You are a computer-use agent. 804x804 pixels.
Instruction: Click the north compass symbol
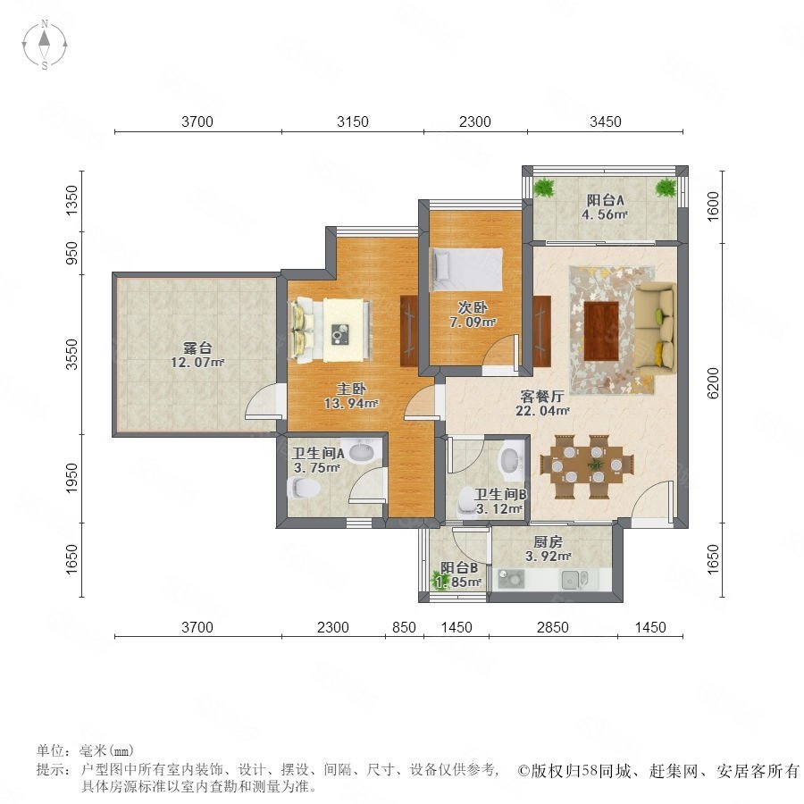[45, 45]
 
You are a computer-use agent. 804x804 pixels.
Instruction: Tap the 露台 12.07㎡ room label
[197, 356]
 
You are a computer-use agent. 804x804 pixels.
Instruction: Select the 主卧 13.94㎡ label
[351, 397]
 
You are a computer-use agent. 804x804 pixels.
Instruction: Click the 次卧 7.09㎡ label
[473, 314]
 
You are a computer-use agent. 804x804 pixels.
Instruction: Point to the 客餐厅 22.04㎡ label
[542, 403]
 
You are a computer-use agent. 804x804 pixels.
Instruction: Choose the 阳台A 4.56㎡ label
[605, 207]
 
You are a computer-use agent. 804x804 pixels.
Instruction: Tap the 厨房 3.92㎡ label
[549, 549]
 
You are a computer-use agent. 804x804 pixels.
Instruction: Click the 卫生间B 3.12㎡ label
[500, 501]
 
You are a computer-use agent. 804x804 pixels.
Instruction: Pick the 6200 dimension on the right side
[713, 383]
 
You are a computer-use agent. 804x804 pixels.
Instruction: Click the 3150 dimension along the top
[353, 121]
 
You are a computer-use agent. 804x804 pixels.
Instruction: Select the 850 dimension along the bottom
[404, 627]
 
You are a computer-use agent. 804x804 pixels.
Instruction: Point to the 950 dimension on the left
[72, 254]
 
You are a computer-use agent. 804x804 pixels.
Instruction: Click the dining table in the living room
[587, 466]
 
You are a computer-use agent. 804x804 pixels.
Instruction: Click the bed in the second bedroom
[466, 269]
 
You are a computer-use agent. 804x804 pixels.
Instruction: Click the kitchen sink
[575, 580]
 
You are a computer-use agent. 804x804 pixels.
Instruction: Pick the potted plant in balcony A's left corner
[543, 188]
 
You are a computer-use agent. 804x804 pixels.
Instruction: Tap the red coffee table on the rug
[601, 331]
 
